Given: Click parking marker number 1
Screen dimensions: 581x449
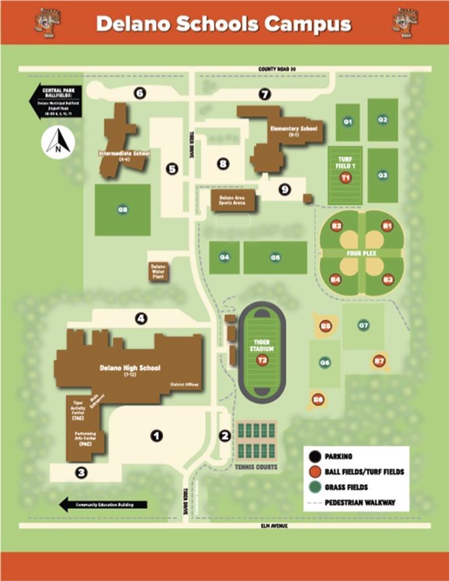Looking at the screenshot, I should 156,436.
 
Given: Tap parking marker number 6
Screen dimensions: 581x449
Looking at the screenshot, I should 140,93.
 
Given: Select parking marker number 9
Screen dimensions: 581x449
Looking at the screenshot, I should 284,190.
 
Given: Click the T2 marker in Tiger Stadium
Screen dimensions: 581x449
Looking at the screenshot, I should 262,360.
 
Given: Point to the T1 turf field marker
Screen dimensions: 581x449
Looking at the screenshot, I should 346,178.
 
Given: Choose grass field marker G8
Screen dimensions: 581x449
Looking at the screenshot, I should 123,209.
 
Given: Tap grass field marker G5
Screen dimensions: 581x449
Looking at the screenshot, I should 275,257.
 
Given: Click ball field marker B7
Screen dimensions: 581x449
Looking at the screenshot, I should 379,360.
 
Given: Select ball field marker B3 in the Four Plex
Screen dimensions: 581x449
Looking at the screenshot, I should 337,226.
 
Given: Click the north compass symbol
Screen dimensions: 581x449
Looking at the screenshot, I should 58,142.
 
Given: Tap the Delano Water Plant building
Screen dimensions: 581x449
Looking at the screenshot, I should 158,271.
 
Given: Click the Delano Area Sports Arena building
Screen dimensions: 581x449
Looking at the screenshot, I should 233,200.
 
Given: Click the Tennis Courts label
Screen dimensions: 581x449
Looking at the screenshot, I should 256,467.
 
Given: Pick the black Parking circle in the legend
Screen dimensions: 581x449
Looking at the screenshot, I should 314,456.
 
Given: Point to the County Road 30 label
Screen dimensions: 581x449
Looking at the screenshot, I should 277,69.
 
